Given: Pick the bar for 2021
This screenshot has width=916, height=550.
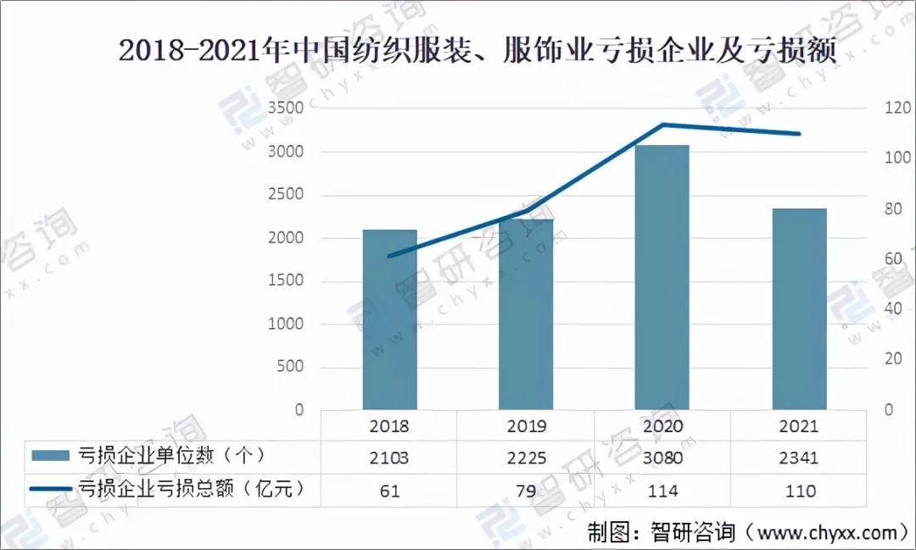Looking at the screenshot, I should [x=799, y=309].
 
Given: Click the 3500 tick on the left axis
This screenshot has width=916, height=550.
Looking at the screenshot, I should [x=286, y=109].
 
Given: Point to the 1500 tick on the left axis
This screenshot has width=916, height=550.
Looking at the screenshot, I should [x=286, y=281].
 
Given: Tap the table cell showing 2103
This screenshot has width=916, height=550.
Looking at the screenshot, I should [x=389, y=458].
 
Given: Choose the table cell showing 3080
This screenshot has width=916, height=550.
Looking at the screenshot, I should [x=662, y=458].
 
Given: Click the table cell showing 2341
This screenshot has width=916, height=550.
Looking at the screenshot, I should [x=799, y=458].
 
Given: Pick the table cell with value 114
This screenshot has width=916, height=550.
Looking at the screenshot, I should [x=662, y=491].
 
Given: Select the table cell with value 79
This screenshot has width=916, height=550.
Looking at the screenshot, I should [x=526, y=491].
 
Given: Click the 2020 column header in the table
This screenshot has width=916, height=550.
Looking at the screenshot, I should [x=662, y=426].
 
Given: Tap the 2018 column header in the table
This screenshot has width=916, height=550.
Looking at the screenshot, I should [x=389, y=426].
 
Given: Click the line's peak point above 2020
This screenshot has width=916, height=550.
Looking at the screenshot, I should [x=662, y=125].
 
